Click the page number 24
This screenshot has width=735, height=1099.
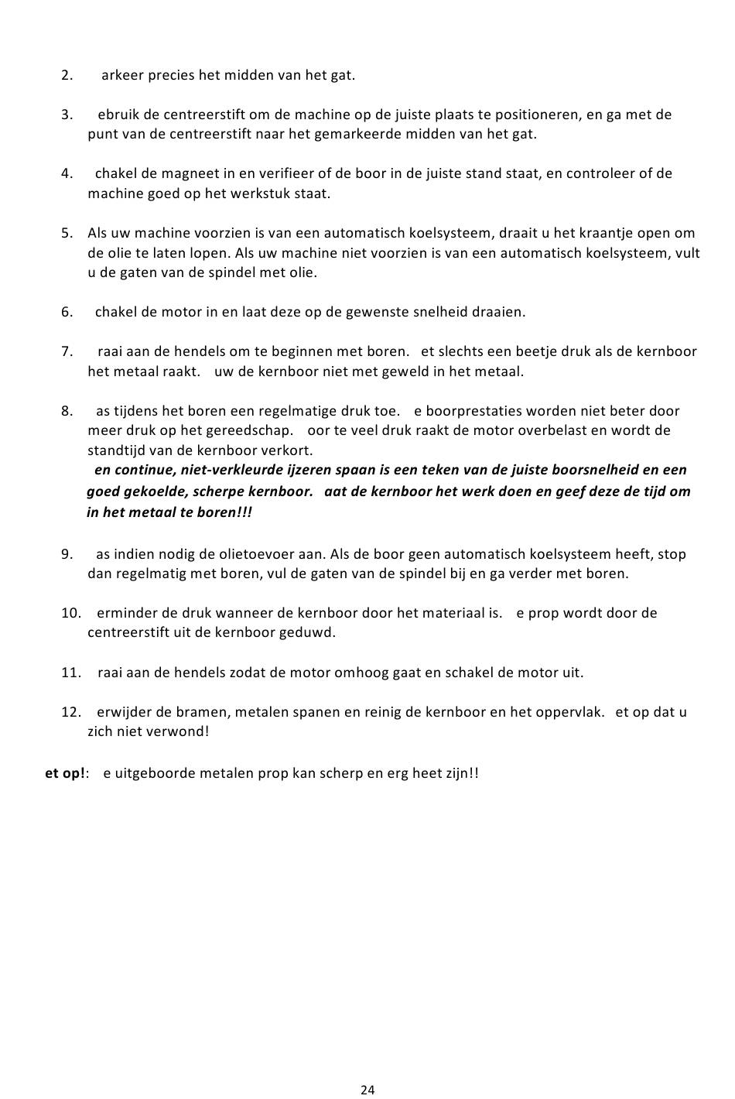[367, 1090]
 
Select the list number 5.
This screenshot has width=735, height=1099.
[67, 233]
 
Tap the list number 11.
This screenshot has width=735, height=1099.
[70, 673]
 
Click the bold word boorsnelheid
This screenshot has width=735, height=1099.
[595, 470]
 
